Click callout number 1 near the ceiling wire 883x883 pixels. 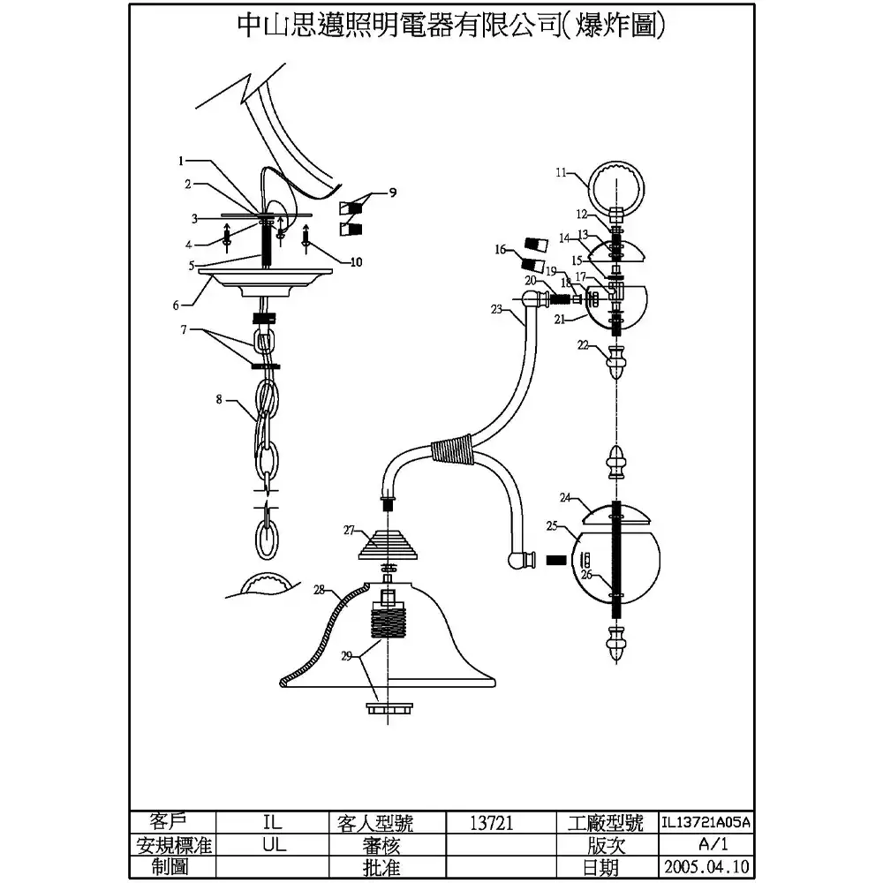[181, 161]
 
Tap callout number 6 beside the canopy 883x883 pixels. [176, 306]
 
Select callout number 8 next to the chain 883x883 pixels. [219, 399]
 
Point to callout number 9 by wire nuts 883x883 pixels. [393, 192]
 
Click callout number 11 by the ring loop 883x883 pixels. [561, 172]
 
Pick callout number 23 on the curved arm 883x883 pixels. [496, 309]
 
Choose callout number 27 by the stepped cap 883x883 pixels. [349, 530]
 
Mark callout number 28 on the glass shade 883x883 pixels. [320, 590]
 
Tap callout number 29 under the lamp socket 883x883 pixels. [346, 655]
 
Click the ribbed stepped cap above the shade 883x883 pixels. [388, 545]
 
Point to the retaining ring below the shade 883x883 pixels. [389, 708]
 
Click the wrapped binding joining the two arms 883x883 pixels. [451, 449]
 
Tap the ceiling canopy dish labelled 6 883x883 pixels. [265, 283]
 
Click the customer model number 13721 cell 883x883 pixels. [492, 823]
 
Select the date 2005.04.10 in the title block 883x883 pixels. [706, 866]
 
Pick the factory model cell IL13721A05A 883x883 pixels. [706, 822]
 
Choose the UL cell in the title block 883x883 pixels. [274, 845]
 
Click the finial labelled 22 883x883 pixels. [616, 363]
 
